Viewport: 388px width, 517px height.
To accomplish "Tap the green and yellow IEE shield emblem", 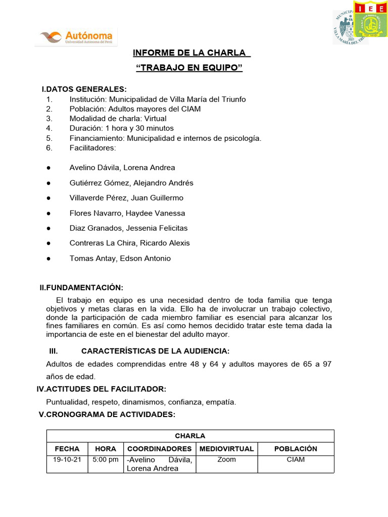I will pyautogui.click(x=370, y=20).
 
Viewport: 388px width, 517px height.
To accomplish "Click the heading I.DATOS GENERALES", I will pyautogui.click(x=84, y=89).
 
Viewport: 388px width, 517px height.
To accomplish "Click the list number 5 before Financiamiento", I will pyautogui.click(x=49, y=138).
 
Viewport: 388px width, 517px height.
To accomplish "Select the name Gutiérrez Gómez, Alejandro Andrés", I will pyautogui.click(x=131, y=183).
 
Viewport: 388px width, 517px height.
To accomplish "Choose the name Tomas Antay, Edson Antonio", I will pyautogui.click(x=120, y=258).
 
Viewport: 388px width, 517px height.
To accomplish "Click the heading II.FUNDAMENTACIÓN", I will pyautogui.click(x=81, y=288).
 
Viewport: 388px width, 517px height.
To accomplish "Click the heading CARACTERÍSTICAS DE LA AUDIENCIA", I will pyautogui.click(x=155, y=351).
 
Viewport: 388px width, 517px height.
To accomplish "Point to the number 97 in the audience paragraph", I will pyautogui.click(x=326, y=364).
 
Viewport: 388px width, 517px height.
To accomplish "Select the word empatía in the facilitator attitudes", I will pyautogui.click(x=221, y=402).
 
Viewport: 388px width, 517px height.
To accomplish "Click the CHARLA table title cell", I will pyautogui.click(x=190, y=436).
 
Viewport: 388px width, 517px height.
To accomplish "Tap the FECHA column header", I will pyautogui.click(x=67, y=448).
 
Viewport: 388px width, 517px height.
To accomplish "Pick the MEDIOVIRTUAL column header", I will pyautogui.click(x=227, y=448).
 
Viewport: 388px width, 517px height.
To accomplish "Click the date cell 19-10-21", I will pyautogui.click(x=67, y=460).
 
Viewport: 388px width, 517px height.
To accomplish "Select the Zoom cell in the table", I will pyautogui.click(x=226, y=460).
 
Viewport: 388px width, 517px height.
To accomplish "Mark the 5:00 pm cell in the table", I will pyautogui.click(x=106, y=460).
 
